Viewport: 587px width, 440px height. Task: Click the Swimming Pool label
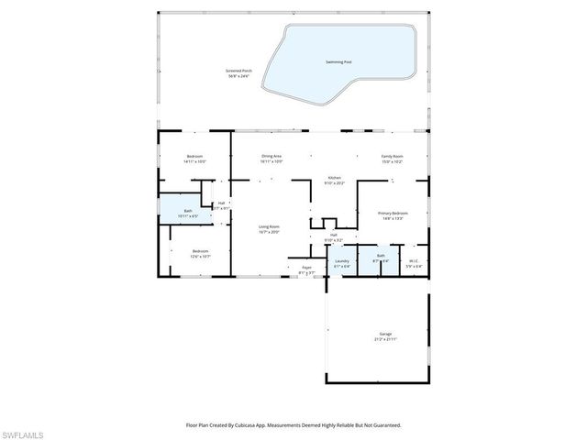click(x=338, y=61)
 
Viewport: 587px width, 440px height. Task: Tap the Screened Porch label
click(x=239, y=71)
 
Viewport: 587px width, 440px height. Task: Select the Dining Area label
click(x=271, y=156)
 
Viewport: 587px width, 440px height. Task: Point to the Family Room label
click(x=392, y=156)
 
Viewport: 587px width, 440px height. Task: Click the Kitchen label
click(x=335, y=178)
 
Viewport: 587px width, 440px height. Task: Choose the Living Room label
click(x=268, y=226)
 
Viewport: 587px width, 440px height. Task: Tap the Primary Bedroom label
click(x=393, y=213)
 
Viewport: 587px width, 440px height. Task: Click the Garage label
click(x=385, y=334)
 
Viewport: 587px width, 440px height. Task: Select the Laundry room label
click(x=341, y=260)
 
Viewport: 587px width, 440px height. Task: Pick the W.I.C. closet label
click(x=414, y=260)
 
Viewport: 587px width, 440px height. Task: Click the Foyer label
click(x=306, y=267)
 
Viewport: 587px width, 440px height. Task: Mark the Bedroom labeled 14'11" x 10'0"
click(x=194, y=156)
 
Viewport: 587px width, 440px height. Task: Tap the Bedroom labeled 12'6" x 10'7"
click(x=200, y=251)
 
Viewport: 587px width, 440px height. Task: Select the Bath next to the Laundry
click(x=381, y=256)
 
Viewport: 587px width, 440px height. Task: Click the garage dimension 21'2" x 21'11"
click(x=385, y=338)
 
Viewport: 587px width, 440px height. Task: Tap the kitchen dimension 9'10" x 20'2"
click(x=335, y=183)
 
